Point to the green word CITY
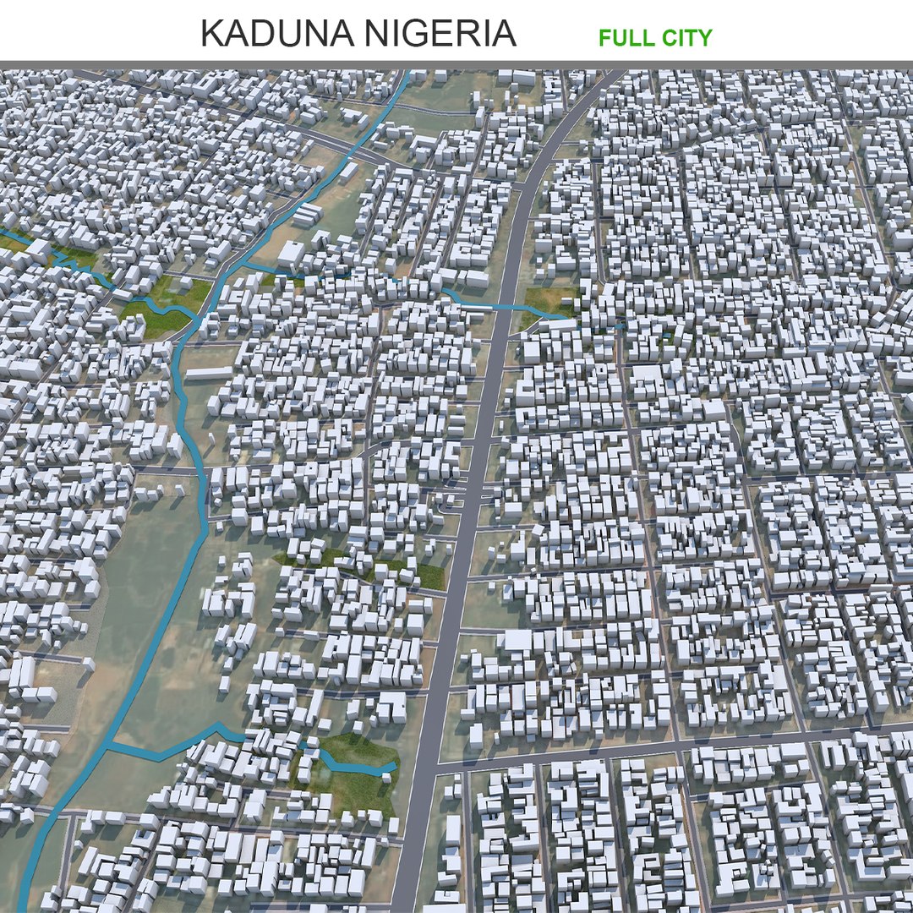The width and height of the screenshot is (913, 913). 687,37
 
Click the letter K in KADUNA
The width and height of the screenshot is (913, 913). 211,34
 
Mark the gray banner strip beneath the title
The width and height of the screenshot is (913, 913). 456,65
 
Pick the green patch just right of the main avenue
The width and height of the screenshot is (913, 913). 549,301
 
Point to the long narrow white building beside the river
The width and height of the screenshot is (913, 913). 208,373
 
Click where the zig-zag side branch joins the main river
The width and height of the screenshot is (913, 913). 108,746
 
